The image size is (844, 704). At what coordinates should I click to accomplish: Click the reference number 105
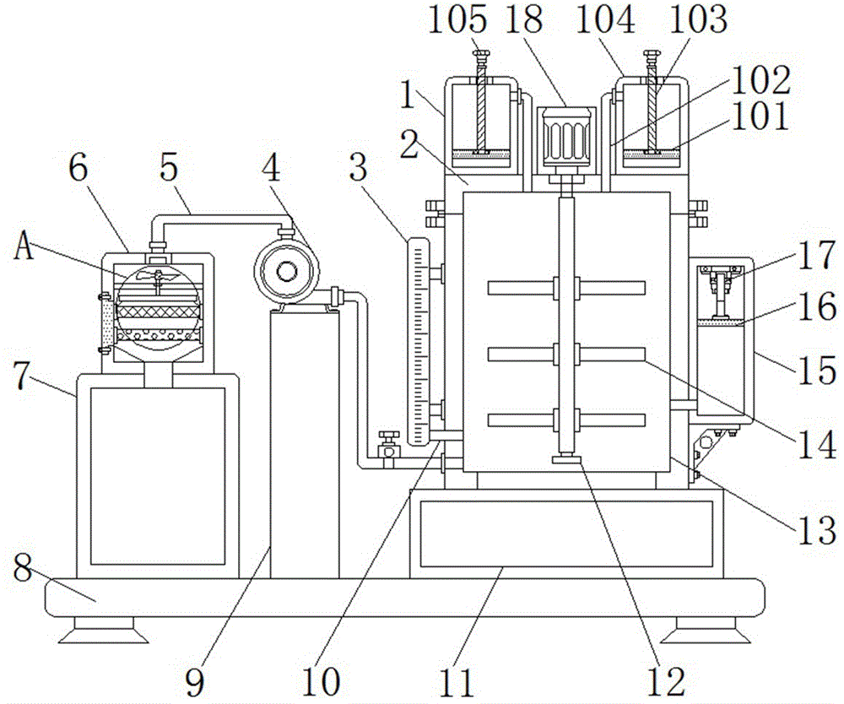pyautogui.click(x=457, y=20)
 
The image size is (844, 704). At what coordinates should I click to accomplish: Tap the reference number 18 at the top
pyautogui.click(x=524, y=20)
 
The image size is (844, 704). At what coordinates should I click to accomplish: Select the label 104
pyautogui.click(x=605, y=20)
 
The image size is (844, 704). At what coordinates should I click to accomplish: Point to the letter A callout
pyautogui.click(x=24, y=248)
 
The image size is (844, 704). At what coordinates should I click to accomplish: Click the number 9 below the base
pyautogui.click(x=196, y=682)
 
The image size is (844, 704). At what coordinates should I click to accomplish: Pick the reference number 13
pyautogui.click(x=816, y=529)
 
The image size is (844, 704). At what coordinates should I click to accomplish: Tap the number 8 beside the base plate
pyautogui.click(x=23, y=567)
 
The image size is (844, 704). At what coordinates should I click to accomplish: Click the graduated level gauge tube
pyautogui.click(x=419, y=342)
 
